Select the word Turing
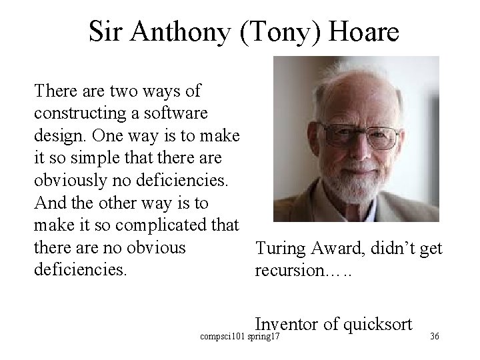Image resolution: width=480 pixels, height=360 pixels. tap(279, 249)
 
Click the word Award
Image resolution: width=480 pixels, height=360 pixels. tap(335, 249)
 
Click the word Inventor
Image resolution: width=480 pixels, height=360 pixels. tap(287, 325)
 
